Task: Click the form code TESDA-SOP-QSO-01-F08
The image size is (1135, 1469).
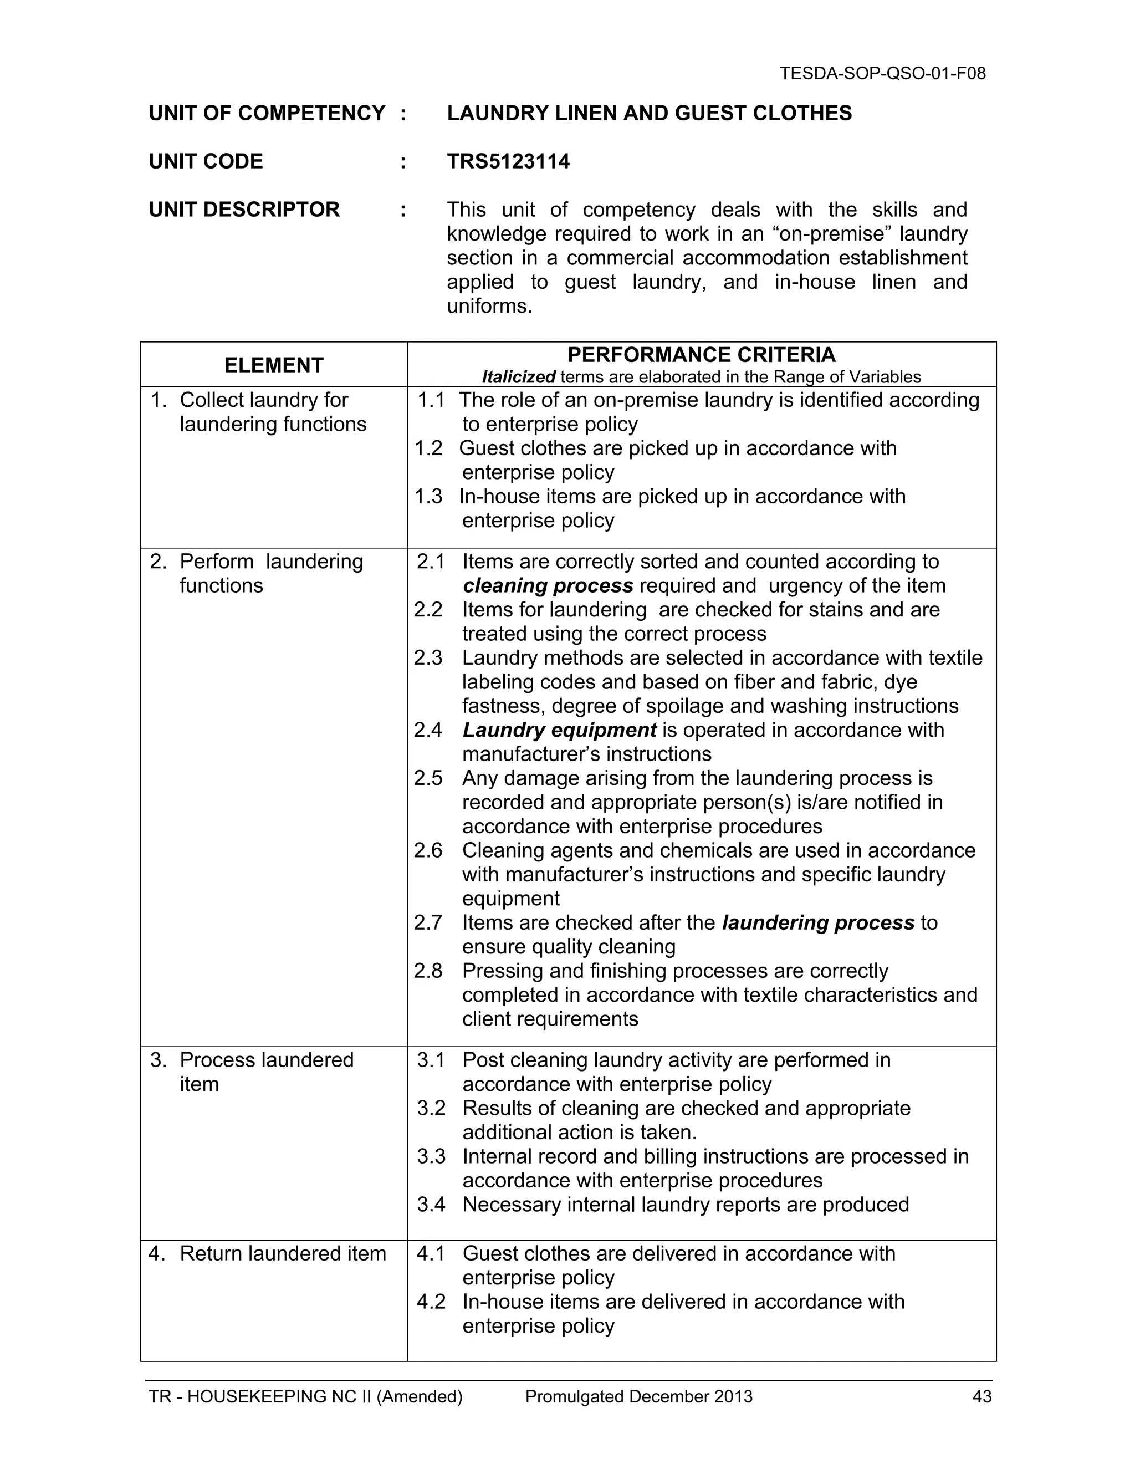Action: point(882,73)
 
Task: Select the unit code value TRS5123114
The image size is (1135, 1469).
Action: point(508,161)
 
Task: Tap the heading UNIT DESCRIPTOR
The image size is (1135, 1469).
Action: point(244,209)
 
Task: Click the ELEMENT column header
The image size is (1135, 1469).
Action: point(274,365)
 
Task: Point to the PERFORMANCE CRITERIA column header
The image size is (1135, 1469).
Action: point(701,354)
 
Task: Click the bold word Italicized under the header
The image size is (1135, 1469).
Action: point(518,378)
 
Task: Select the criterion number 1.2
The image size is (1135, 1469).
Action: point(429,448)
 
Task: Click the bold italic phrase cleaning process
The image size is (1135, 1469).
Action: point(548,586)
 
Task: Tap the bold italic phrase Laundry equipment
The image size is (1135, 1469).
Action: point(559,730)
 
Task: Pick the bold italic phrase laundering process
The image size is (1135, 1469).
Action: point(817,922)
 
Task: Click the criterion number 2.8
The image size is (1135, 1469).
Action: point(428,971)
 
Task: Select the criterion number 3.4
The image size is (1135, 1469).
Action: point(431,1204)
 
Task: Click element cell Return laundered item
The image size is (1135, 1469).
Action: point(283,1254)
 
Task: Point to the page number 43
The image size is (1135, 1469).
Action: point(981,1397)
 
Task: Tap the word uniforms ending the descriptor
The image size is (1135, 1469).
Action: point(488,307)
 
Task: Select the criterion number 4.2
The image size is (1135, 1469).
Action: point(431,1302)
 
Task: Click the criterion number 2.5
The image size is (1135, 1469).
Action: point(428,778)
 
